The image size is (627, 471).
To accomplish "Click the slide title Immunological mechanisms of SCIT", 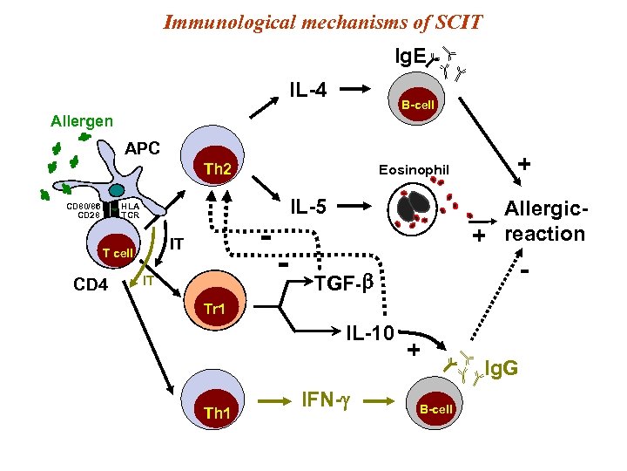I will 323,21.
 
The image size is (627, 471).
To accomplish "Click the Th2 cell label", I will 217,168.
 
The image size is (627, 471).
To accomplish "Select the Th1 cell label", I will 216,413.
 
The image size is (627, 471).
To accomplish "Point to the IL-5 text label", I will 307,207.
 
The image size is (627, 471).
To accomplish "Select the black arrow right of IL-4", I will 357,88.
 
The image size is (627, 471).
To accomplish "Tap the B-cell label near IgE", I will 416,105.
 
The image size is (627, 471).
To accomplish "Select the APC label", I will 142,147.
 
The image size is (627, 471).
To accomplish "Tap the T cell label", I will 116,252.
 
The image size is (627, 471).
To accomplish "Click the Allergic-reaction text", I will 544,222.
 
